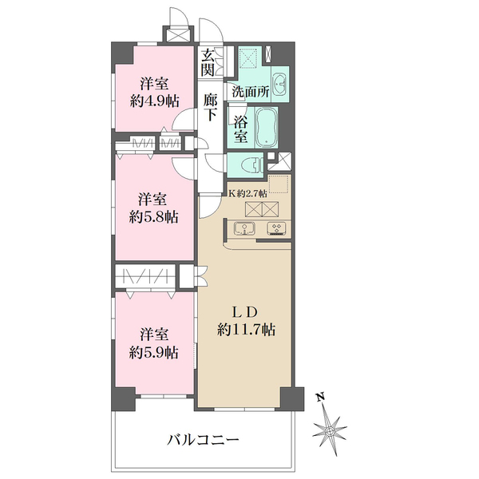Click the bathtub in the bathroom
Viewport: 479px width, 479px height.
[x=266, y=128]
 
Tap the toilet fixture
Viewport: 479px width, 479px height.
[x=248, y=165]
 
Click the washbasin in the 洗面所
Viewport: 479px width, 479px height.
[x=280, y=84]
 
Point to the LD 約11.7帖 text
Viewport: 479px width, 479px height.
[x=247, y=320]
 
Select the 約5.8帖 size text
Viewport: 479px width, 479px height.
[x=154, y=216]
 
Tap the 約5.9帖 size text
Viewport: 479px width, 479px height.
[x=154, y=352]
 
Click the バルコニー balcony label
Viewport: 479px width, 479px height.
[x=204, y=438]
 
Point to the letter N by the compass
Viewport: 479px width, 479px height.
[x=320, y=397]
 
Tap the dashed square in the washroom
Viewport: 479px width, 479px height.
[x=249, y=58]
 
